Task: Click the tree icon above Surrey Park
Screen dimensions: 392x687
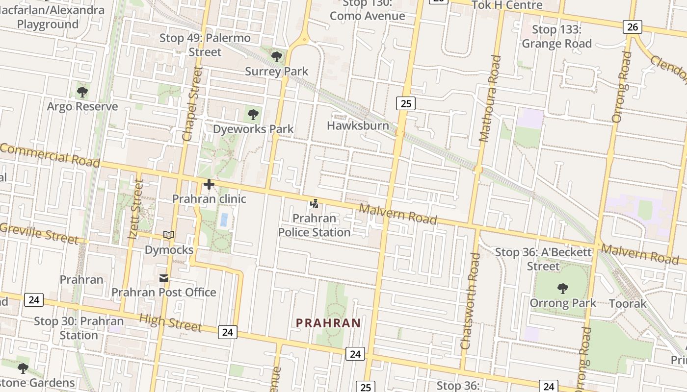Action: [x=277, y=57]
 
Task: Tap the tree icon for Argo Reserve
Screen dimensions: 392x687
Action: [x=82, y=92]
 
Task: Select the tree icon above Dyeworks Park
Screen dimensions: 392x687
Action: [x=253, y=115]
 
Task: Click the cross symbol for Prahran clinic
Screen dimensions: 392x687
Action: [x=209, y=184]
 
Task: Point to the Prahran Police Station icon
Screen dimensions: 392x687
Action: [x=314, y=203]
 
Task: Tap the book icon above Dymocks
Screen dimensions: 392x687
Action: [x=169, y=235]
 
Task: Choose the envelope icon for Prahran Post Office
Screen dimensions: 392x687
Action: [x=164, y=278]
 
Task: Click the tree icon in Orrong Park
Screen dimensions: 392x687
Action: [x=563, y=289]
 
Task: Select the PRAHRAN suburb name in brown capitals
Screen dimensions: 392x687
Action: [x=329, y=323]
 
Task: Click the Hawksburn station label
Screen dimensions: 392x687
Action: [x=358, y=126]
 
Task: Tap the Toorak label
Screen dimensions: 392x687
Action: [x=628, y=303]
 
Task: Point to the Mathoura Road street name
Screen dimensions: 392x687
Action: [x=491, y=98]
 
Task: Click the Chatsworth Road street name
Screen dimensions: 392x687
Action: [x=470, y=301]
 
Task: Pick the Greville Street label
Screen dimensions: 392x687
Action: [x=39, y=233]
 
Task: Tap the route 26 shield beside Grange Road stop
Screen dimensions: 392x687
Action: [x=633, y=27]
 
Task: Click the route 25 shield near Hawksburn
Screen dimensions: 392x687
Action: [x=405, y=103]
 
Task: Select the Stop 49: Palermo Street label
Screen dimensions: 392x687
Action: [x=205, y=45]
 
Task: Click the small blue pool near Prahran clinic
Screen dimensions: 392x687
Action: [x=224, y=220]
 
